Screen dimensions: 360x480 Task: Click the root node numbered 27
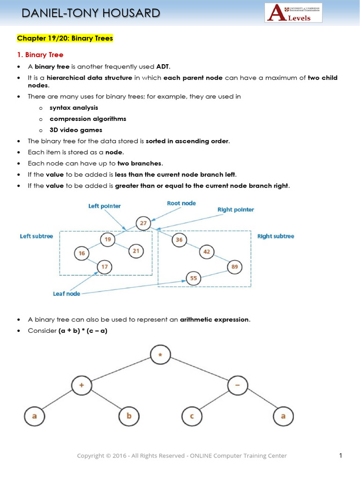pos(143,223)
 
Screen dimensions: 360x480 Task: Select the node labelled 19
pos(108,240)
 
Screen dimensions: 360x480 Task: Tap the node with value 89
pos(235,267)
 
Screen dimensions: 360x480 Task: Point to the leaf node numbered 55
pos(194,278)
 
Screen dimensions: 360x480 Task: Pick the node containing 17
pos(105,267)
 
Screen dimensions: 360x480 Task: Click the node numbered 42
pos(207,252)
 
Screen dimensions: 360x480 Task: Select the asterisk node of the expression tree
pos(160,354)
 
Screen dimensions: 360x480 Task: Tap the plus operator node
pos(82,385)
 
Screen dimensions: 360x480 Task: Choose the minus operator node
pos(238,385)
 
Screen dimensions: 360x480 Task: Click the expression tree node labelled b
pos(129,416)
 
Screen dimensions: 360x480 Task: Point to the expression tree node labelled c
pos(192,416)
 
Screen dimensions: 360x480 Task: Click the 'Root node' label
pos(181,203)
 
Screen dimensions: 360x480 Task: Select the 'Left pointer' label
pos(105,206)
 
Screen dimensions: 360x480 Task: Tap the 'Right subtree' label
pos(276,236)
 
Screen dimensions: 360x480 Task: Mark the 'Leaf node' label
pos(67,293)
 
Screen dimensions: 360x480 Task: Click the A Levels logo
pos(293,13)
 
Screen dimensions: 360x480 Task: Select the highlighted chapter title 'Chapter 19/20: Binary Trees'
pos(65,38)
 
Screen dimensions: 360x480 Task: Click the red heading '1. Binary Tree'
pos(40,55)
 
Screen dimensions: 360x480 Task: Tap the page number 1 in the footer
pos(340,456)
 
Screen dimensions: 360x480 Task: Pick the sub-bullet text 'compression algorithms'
pos(88,119)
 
